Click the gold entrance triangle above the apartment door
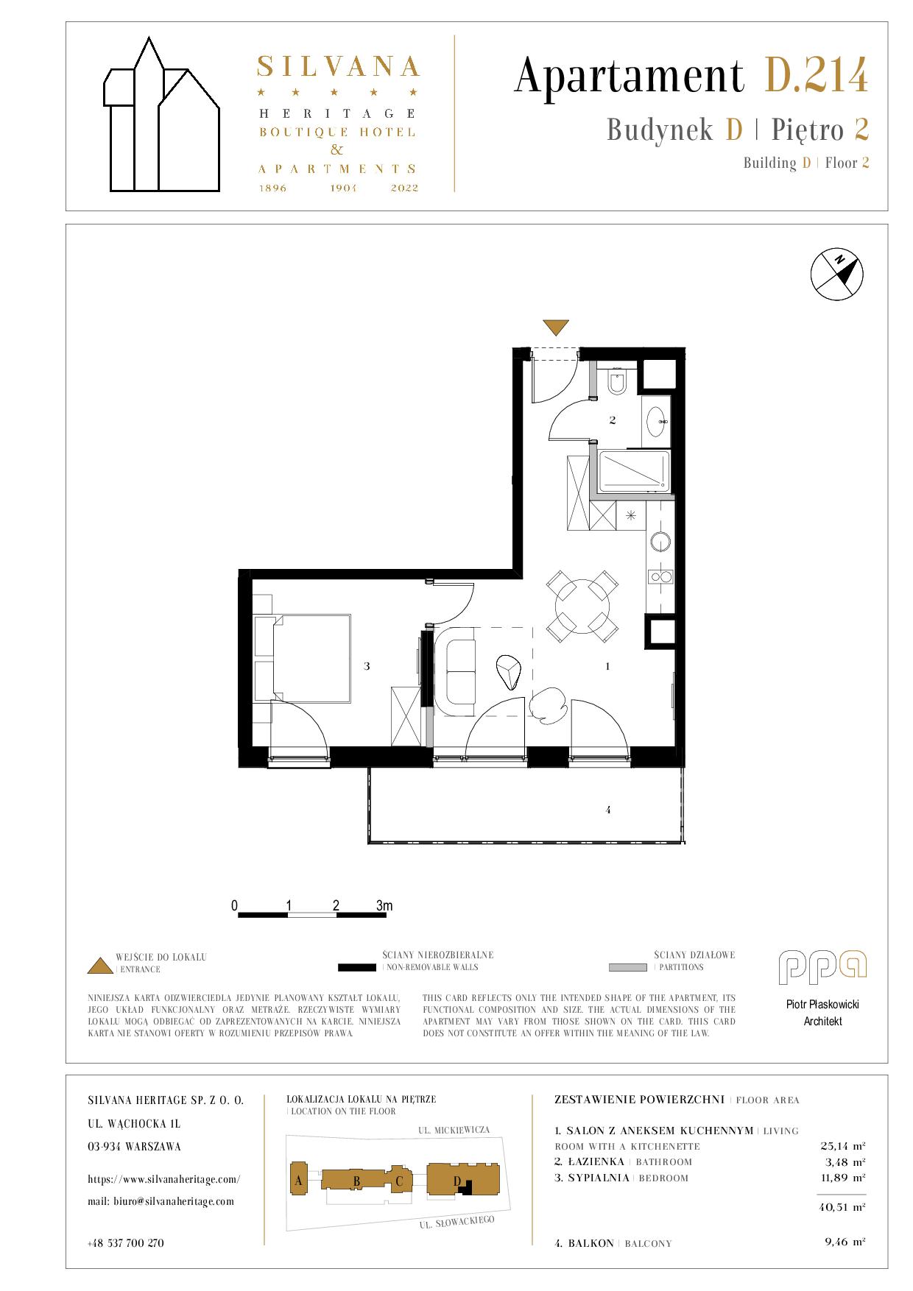(555, 327)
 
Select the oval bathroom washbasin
(657, 422)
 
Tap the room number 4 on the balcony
(608, 810)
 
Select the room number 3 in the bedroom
(367, 666)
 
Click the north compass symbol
(836, 275)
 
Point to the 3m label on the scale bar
(384, 905)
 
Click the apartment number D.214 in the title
(817, 76)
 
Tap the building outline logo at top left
(161, 114)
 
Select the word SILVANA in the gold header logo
(338, 67)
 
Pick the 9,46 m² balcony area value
(845, 1242)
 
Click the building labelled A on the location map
(299, 1181)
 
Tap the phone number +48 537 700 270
(125, 1243)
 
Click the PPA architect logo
(822, 967)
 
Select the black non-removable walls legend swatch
(357, 966)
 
